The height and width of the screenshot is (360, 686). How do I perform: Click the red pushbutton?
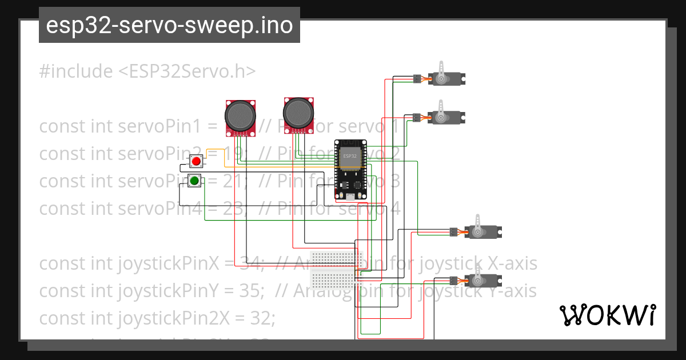tap(196, 161)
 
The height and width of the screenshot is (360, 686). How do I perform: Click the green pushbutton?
tap(194, 181)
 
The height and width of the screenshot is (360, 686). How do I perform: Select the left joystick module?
tap(240, 117)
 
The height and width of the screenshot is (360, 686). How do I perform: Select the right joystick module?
tap(298, 113)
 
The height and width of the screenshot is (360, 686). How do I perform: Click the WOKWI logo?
tap(607, 315)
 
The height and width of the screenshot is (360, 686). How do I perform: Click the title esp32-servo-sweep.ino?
tap(169, 26)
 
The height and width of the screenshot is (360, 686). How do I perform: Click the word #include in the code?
tap(76, 71)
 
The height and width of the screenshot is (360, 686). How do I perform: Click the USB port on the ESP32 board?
tap(349, 197)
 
